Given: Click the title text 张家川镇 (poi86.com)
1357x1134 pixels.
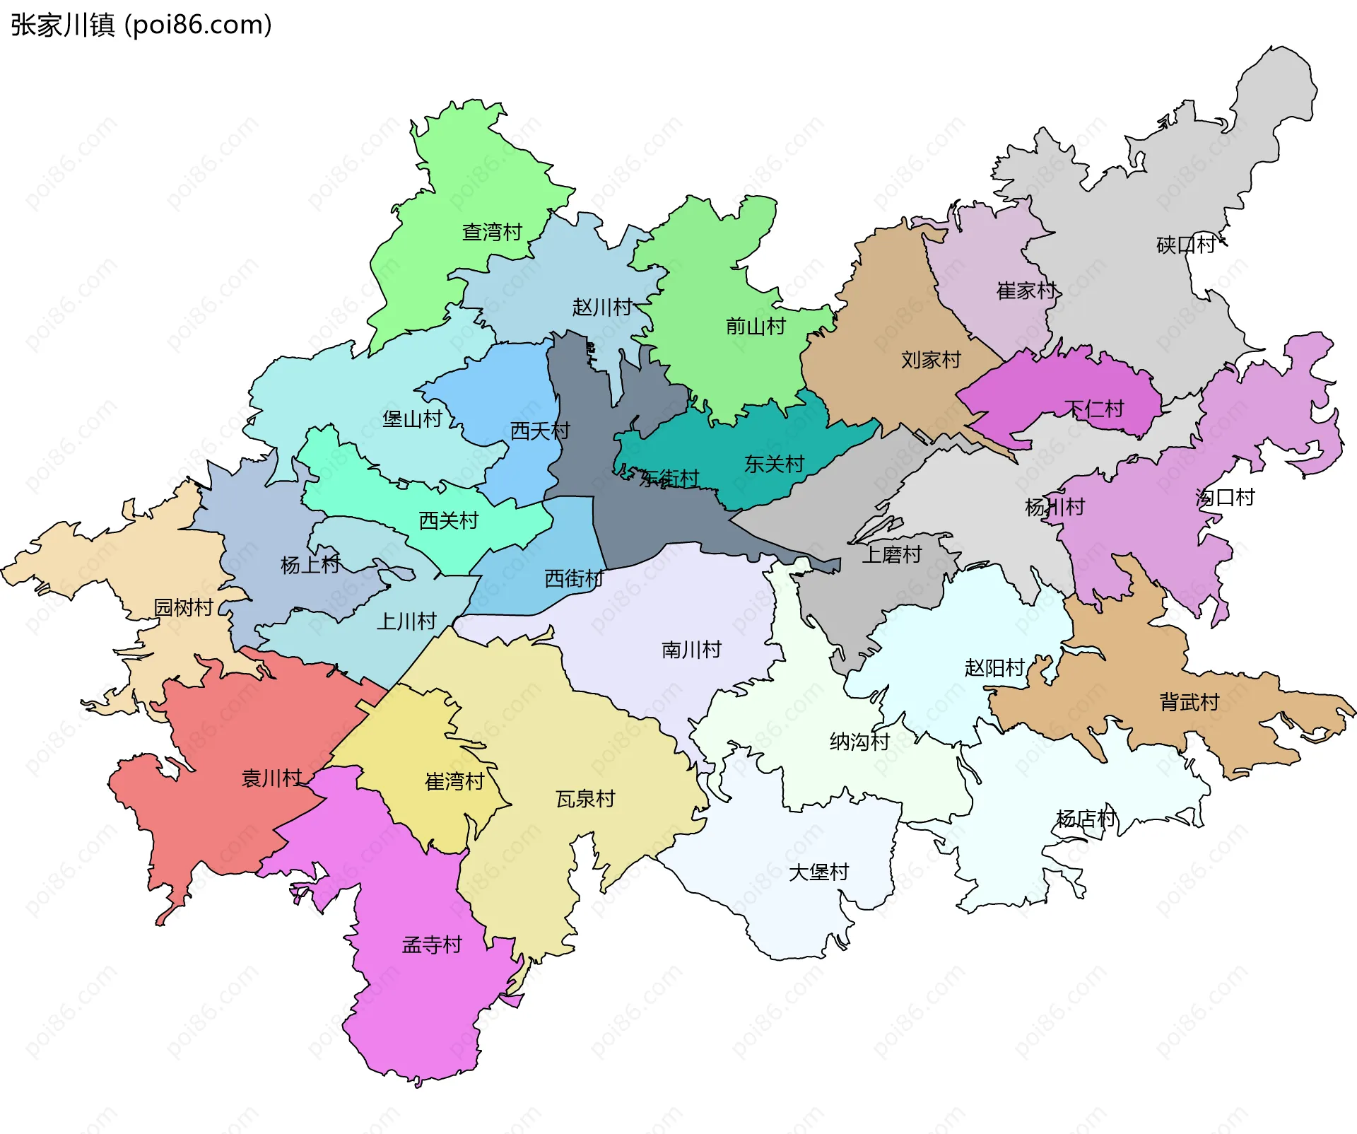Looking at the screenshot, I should click(x=141, y=25).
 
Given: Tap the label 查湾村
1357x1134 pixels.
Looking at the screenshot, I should click(x=492, y=232).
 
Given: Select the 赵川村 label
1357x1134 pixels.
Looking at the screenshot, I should click(x=602, y=308).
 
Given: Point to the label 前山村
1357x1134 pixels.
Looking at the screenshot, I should click(x=756, y=327).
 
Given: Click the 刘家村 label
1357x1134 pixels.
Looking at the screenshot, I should click(x=931, y=361).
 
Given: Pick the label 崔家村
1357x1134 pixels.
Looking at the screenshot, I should click(x=1026, y=291).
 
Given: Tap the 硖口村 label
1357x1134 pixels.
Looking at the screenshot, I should click(x=1186, y=245).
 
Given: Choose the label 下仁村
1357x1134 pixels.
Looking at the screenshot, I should click(x=1094, y=409).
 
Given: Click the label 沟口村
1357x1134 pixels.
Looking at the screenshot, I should click(x=1225, y=498).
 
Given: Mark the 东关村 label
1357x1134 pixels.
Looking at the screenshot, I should click(x=774, y=464).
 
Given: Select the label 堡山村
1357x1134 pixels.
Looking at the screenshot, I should click(x=412, y=419).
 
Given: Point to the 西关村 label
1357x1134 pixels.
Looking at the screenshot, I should click(x=449, y=521).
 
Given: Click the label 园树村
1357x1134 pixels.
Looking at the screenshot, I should click(x=184, y=607).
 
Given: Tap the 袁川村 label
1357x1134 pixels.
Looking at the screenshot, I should click(x=272, y=778).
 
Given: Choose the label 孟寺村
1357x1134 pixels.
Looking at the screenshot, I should click(x=432, y=945).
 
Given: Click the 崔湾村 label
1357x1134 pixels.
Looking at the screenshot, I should click(x=454, y=781).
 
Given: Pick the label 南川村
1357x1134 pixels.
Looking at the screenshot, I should click(x=691, y=650).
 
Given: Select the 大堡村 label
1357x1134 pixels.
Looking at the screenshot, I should click(x=818, y=872).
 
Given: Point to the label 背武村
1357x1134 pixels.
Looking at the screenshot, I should click(x=1189, y=702).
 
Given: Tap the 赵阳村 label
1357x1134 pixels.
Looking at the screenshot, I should click(x=994, y=668).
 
